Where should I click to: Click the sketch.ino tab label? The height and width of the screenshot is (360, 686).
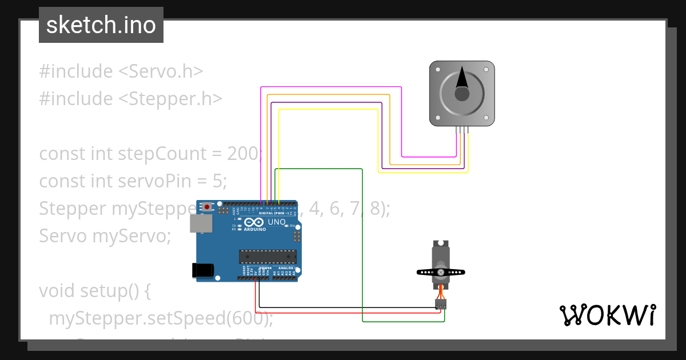101,25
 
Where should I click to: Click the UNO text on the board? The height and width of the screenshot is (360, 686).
277,222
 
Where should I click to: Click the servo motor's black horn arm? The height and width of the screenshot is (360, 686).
441,273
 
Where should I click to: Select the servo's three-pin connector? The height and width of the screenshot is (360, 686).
441,304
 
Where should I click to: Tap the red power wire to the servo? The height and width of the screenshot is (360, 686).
343,313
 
